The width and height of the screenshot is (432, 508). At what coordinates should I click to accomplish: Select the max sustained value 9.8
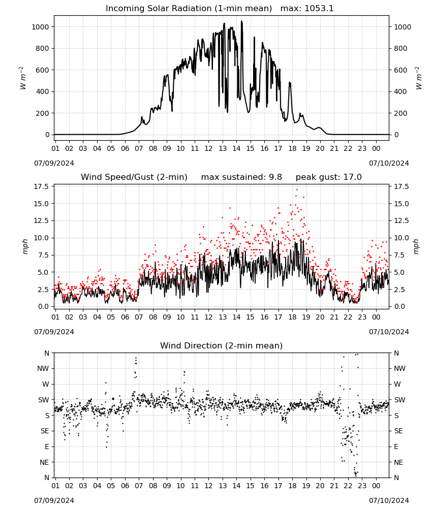[x=275, y=177]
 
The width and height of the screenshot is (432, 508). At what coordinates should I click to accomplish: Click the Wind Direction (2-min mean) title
[x=222, y=345]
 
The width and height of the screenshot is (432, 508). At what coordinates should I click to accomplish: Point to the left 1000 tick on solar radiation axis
[x=41, y=27]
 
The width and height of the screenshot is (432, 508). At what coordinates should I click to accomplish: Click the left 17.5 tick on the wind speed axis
[x=42, y=186]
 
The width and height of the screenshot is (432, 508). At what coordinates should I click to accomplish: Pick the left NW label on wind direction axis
[x=43, y=368]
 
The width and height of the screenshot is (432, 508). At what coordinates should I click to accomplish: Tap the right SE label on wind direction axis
[x=398, y=431]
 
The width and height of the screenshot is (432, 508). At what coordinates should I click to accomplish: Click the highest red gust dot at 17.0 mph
[x=297, y=190]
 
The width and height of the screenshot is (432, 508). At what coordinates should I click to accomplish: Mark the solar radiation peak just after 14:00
[x=241, y=21]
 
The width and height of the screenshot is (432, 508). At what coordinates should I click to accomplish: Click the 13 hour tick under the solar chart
[x=223, y=148]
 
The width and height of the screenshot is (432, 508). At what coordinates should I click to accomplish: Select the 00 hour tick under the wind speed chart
[x=376, y=317]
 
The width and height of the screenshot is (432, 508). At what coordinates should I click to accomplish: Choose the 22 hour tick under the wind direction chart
[x=348, y=486]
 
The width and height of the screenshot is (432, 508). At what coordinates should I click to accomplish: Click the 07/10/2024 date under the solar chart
[x=389, y=163]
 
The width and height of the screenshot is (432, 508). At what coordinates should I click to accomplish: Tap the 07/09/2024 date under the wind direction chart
[x=54, y=500]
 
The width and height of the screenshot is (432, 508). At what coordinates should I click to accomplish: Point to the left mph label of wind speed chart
[x=25, y=246]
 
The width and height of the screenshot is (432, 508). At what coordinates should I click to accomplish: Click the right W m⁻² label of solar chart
[x=419, y=78]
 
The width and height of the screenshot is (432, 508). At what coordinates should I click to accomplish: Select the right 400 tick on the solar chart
[x=400, y=91]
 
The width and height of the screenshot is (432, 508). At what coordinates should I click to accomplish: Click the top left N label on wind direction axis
[x=47, y=353]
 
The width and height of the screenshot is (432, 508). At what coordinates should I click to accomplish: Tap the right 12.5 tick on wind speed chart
[x=401, y=221]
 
